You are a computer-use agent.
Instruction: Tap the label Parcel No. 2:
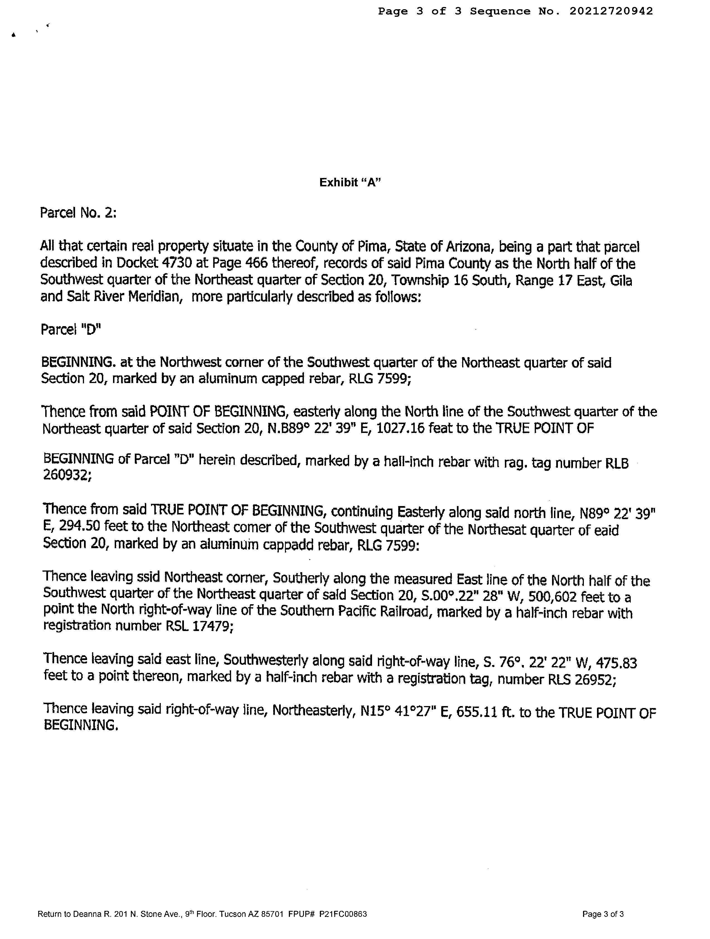[78, 212]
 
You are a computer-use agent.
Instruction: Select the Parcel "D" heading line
[71, 329]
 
